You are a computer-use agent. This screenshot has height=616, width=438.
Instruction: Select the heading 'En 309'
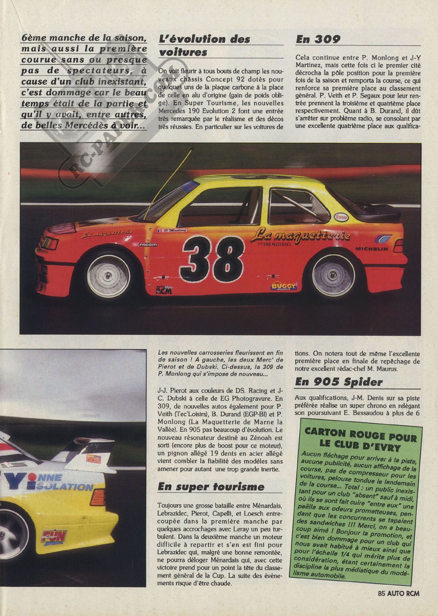(318, 39)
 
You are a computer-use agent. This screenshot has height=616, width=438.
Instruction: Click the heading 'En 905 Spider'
(339, 382)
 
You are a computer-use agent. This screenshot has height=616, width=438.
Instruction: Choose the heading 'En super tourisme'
(211, 487)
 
